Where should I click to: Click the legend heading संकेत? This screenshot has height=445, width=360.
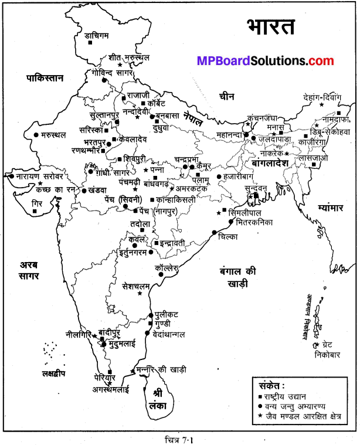point(273,385)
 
